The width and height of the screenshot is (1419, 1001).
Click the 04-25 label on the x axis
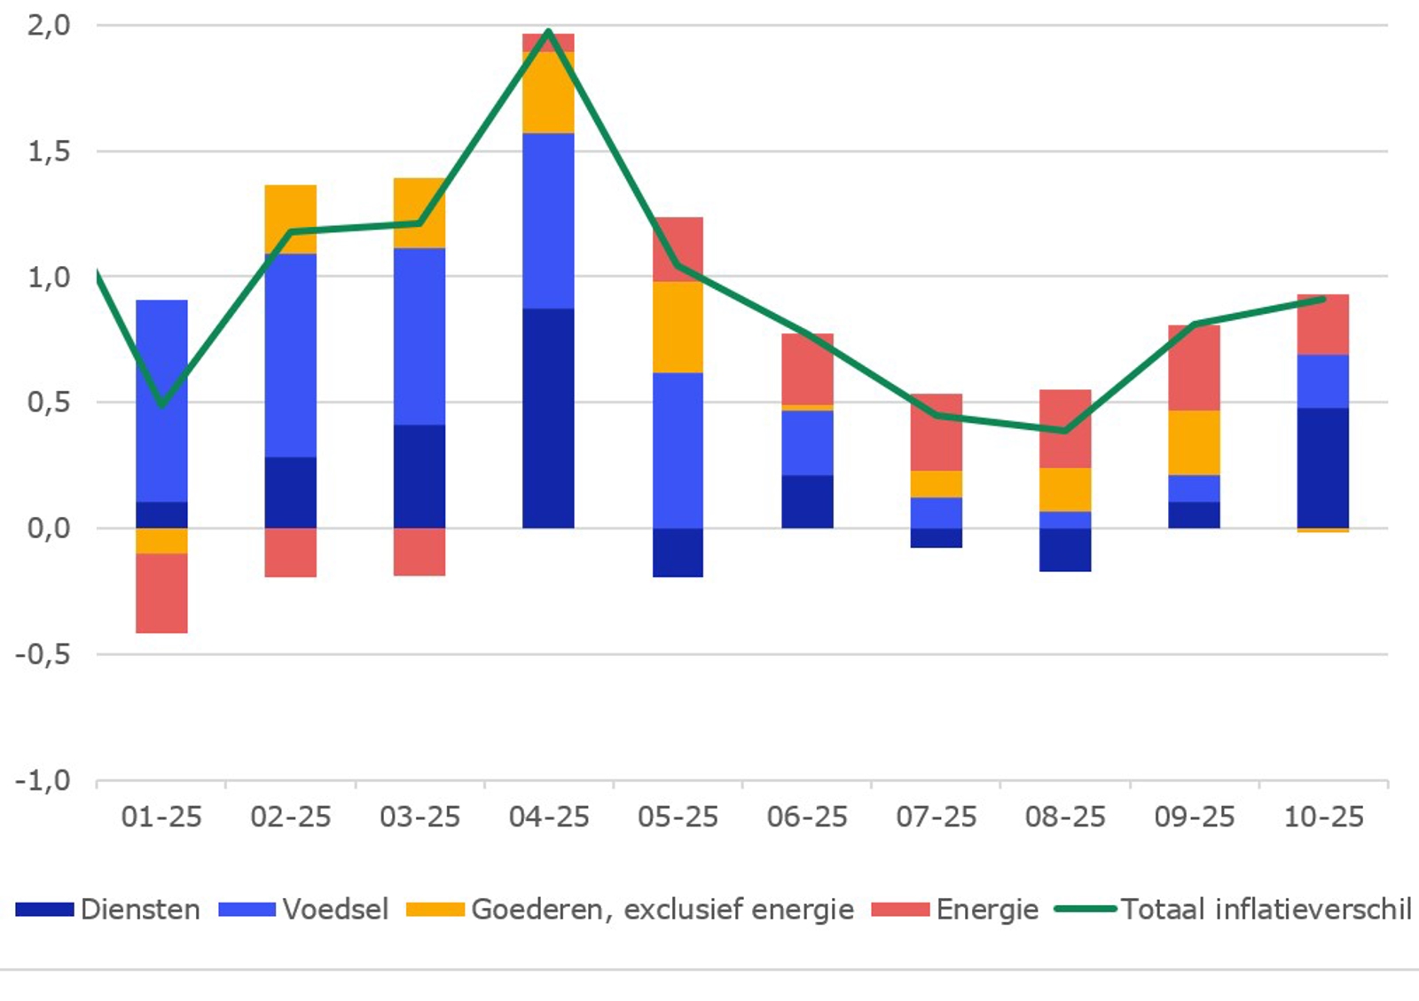[x=549, y=817]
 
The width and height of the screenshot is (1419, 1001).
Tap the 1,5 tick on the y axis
[x=49, y=152]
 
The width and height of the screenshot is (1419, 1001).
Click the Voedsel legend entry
[x=304, y=910]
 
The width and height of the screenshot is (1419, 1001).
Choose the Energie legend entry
[x=956, y=910]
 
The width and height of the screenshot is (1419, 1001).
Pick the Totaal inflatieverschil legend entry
[x=1234, y=910]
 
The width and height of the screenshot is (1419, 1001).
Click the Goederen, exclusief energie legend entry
[x=631, y=910]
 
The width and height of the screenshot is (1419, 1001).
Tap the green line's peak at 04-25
[x=549, y=32]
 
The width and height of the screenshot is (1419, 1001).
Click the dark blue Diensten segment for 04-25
[x=548, y=418]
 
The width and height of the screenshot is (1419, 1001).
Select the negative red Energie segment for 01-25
[x=161, y=593]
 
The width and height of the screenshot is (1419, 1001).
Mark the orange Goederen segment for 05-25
[x=678, y=326]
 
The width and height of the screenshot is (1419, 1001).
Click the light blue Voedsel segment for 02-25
[x=290, y=355]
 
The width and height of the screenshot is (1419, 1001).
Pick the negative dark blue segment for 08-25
[x=1065, y=550]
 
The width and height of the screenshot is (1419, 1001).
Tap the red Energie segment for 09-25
[x=1194, y=367]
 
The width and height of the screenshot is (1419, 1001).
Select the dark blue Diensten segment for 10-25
[x=1323, y=467]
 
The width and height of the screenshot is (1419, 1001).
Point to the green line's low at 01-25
[x=162, y=404]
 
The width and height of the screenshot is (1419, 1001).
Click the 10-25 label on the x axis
[x=1323, y=817]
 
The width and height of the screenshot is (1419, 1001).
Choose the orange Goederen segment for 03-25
[x=419, y=213]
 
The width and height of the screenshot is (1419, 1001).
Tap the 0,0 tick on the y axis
[x=49, y=528]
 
